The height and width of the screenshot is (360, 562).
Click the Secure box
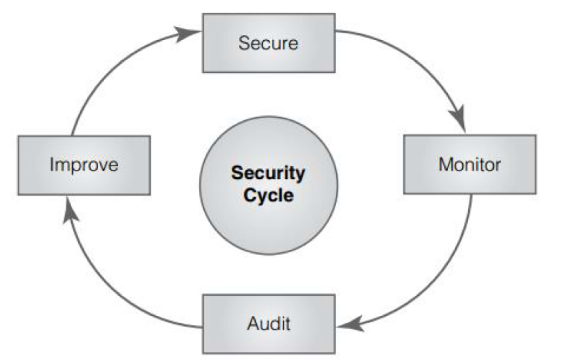(269, 43)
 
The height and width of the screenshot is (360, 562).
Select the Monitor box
(470, 165)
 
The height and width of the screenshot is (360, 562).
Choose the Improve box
(84, 165)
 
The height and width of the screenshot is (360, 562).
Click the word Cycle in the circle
(269, 195)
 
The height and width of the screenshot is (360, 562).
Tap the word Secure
(269, 43)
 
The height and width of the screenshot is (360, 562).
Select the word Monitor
(470, 165)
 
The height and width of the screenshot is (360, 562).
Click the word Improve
(84, 165)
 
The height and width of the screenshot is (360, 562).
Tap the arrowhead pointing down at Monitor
(459, 123)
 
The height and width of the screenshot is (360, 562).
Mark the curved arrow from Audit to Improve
(115, 292)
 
